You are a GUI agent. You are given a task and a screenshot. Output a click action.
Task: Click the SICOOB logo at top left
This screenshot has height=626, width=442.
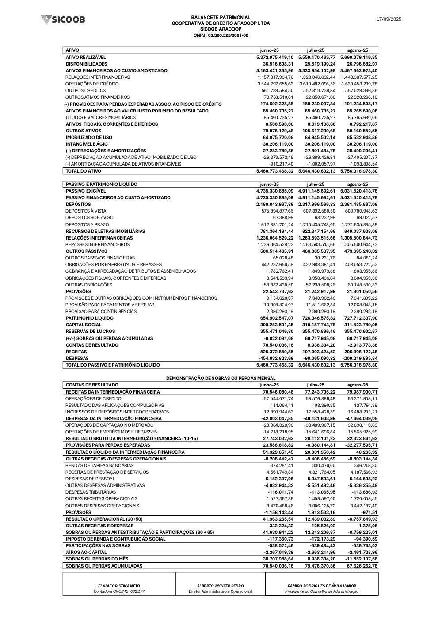(63, 19)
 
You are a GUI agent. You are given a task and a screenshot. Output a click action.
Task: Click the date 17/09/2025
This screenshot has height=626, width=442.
(389, 19)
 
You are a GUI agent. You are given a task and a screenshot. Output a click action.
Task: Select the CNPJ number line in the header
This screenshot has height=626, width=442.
(221, 35)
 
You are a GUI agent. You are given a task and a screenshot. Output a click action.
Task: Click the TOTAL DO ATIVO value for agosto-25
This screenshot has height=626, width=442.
(359, 171)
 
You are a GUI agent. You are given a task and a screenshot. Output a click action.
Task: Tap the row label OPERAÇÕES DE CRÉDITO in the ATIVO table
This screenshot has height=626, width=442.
(92, 84)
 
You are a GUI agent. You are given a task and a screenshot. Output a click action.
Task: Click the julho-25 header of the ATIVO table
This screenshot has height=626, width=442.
(316, 50)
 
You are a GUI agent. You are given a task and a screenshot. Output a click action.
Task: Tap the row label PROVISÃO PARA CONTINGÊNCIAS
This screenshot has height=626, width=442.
(101, 311)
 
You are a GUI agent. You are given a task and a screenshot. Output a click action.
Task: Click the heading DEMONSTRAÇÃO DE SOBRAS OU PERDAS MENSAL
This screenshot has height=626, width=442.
(221, 378)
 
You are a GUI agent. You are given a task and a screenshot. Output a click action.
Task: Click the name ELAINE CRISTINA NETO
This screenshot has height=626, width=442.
(119, 586)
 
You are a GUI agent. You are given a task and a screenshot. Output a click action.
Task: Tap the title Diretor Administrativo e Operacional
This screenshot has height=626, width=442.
(220, 591)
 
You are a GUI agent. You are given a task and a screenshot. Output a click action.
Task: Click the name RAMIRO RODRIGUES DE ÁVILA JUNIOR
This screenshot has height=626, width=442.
(322, 586)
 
